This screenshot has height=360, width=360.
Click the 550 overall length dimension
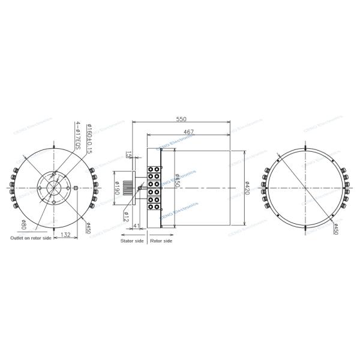point(181,119)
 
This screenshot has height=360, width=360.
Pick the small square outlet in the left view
point(76,190)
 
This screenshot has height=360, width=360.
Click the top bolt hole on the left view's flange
point(54,175)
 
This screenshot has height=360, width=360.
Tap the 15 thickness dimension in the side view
point(128,155)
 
